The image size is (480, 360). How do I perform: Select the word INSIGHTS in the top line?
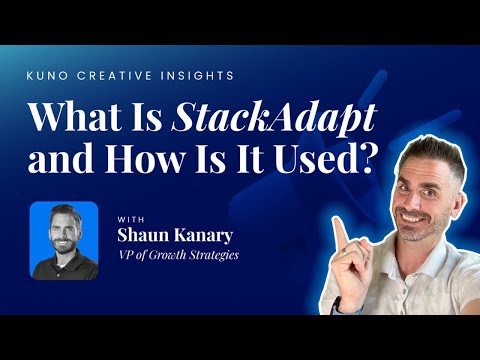pos(170,76)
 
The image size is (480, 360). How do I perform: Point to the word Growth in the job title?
pos(168,255)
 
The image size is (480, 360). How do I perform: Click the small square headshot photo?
pos(64,240)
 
